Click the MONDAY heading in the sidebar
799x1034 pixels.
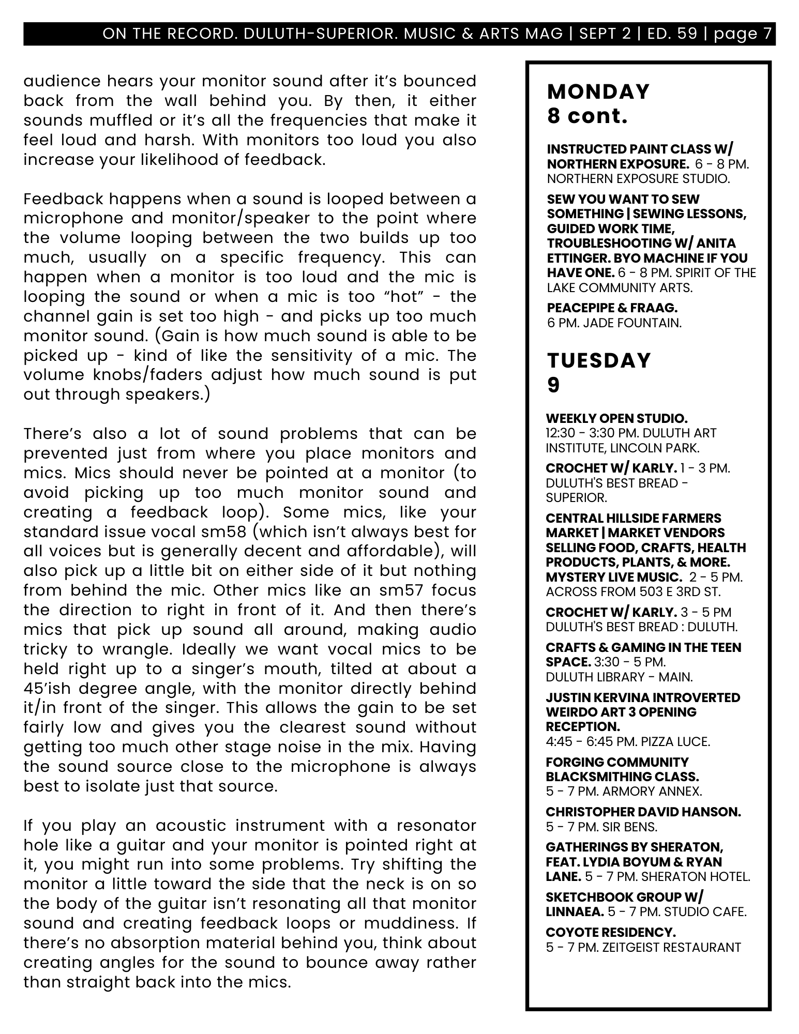pyautogui.click(x=598, y=92)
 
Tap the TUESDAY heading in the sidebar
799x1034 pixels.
pyautogui.click(x=599, y=360)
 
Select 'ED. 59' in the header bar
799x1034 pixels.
pyautogui.click(x=671, y=34)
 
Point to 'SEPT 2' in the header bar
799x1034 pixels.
pyautogui.click(x=605, y=34)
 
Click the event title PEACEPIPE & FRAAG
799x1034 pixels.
pyautogui.click(x=612, y=308)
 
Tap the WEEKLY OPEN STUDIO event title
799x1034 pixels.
pyautogui.click(x=616, y=418)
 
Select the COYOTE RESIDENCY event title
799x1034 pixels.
pyautogui.click(x=611, y=932)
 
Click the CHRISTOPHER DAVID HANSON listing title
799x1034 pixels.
pyautogui.click(x=643, y=812)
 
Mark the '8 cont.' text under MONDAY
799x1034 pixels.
pyautogui.click(x=587, y=116)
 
